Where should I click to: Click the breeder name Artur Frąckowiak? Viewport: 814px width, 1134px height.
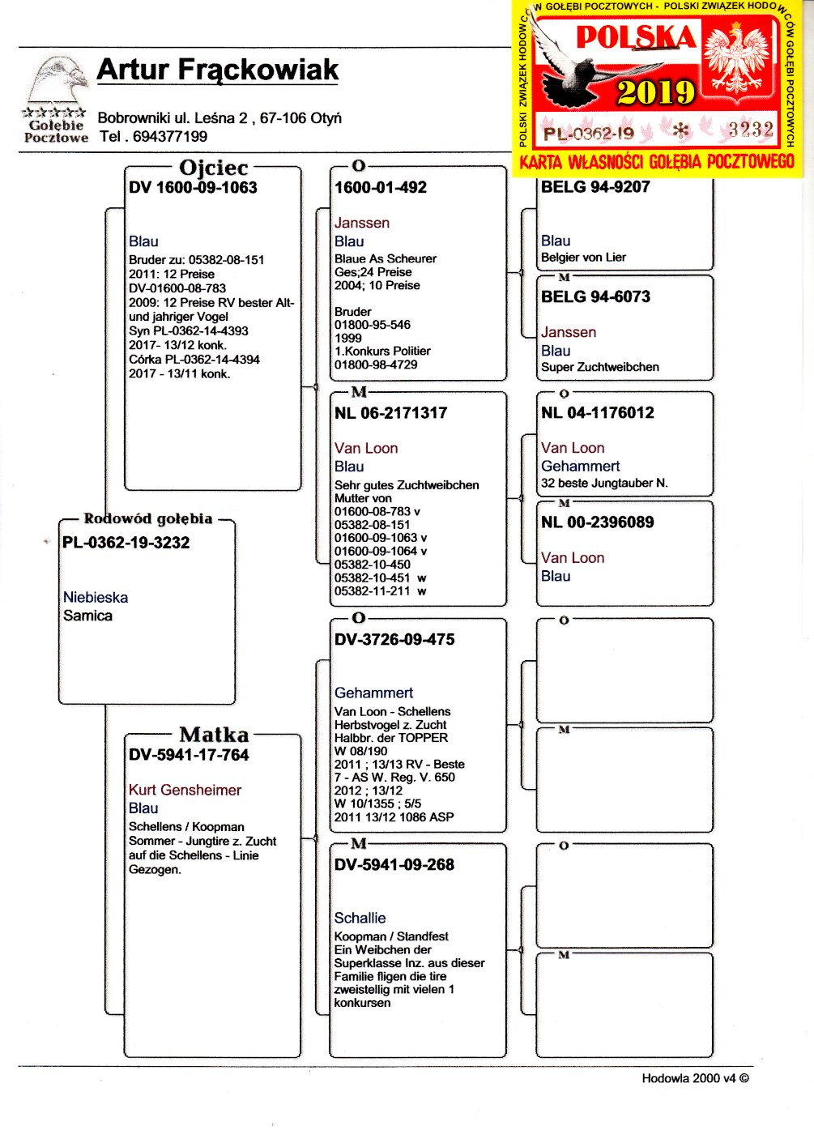pos(217,70)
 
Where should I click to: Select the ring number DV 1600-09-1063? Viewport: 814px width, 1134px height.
pos(193,187)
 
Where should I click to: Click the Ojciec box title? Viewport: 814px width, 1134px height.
pos(213,168)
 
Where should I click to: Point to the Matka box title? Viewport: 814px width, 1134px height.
pos(214,735)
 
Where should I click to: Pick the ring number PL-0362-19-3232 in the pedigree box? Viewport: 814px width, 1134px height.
pos(126,543)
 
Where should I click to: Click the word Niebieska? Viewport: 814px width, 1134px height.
pos(96,597)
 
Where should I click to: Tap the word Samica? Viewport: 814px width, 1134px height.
pos(87,616)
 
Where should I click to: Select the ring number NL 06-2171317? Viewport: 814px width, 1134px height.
pos(390,413)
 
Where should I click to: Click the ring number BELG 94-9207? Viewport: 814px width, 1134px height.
pos(595,187)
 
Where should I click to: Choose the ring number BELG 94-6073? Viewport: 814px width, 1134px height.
pos(595,296)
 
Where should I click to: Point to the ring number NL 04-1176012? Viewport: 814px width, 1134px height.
pos(597,413)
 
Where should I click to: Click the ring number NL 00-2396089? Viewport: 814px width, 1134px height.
pos(597,522)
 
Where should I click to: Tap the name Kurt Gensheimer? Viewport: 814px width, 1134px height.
pos(185,790)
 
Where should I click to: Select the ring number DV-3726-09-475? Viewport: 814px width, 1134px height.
pos(394,639)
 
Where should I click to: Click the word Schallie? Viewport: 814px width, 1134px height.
pos(360,918)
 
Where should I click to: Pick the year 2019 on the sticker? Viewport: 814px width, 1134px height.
pos(655,92)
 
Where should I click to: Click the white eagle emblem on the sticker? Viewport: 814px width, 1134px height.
pos(738,59)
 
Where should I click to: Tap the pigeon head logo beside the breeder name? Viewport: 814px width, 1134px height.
pos(58,81)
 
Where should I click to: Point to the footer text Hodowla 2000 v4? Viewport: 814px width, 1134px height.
pos(695,1078)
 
